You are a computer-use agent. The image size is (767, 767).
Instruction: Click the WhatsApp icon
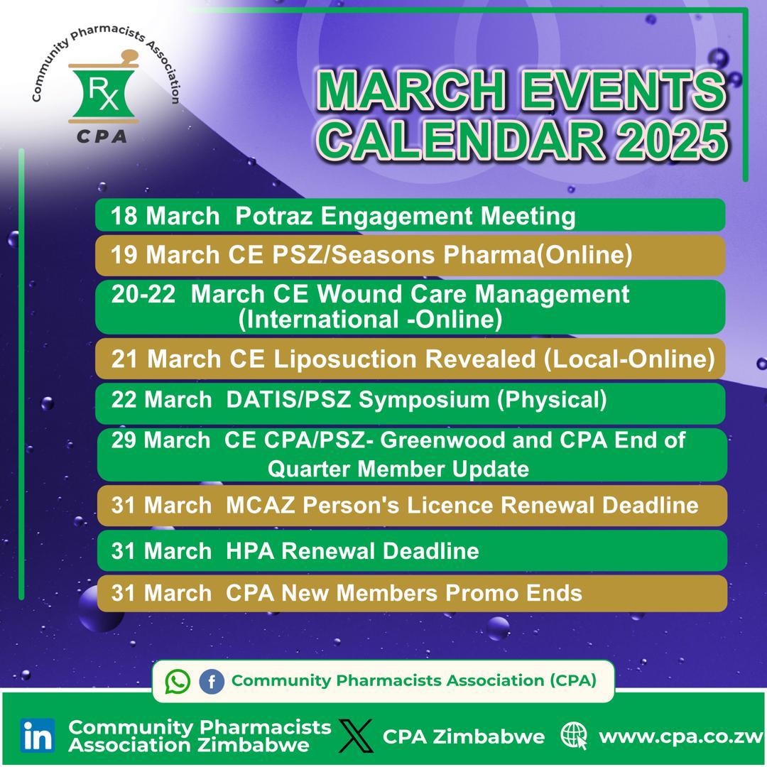(x=178, y=682)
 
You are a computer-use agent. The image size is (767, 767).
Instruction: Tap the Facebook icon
(x=211, y=682)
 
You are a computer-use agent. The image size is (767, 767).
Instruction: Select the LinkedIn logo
(x=38, y=736)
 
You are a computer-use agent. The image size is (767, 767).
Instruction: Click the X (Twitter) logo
(x=356, y=736)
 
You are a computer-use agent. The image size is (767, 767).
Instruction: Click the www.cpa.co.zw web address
(x=681, y=736)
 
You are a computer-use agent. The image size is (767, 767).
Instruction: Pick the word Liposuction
(x=334, y=359)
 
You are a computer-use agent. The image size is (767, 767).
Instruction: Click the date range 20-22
(x=143, y=294)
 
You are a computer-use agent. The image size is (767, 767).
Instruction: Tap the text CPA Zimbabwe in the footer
(x=464, y=736)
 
